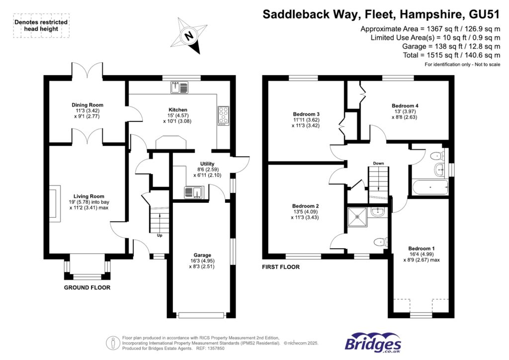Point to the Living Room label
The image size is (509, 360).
pos(87,196)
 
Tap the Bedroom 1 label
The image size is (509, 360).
pos(421,249)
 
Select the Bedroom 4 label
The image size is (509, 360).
pos(405,106)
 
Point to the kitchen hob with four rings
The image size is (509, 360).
pos(222,116)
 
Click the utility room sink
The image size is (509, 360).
pos(192,191)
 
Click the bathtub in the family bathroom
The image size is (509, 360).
pos(429,188)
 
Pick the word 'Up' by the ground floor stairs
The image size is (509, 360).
pos(160,235)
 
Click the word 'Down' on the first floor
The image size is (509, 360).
pos(378,163)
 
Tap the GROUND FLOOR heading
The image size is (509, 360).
pos(87,288)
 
